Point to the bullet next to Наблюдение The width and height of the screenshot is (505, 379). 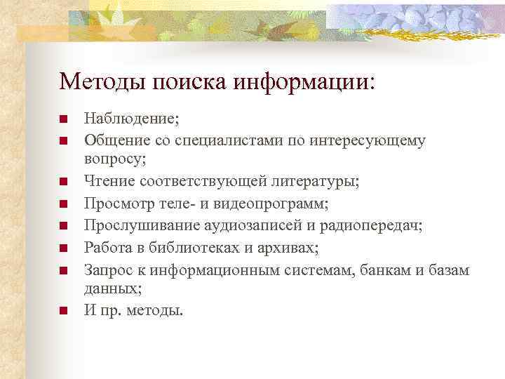tap(63, 119)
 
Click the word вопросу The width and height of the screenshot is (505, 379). tap(114, 159)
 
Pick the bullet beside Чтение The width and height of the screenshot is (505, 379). tap(63, 182)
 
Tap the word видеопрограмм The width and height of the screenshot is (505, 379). tap(273, 204)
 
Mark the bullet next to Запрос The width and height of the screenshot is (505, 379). tap(63, 269)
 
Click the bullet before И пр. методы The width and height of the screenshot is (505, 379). tap(63, 311)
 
